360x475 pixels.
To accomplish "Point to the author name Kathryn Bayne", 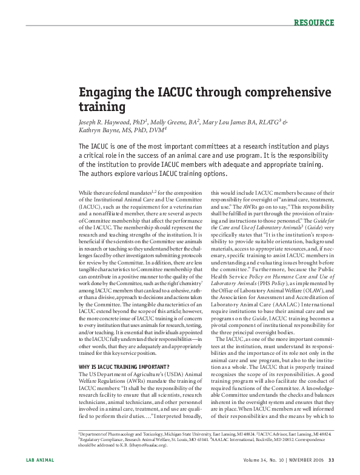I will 99,130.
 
